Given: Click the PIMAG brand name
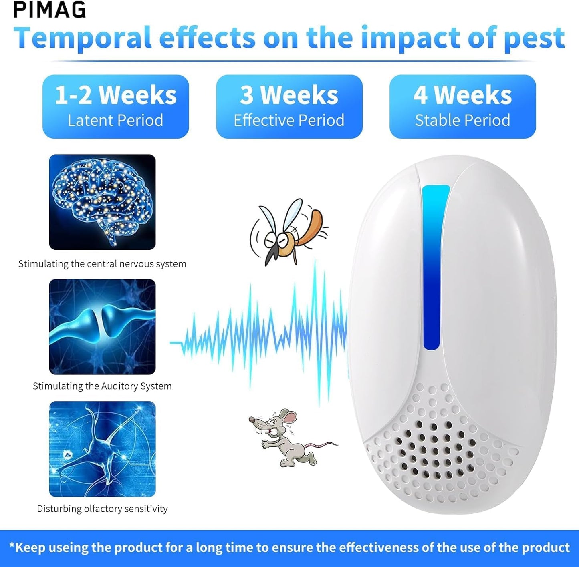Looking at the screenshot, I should pos(50,10).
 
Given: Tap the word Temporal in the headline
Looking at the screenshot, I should pos(83,38).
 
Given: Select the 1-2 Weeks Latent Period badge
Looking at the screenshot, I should pos(115,107).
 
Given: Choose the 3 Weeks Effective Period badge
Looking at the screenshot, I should pos(289,107).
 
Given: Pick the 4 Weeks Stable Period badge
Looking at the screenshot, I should pos(462,107).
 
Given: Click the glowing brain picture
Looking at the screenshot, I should pos(102,202).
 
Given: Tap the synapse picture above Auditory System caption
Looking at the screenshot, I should pos(102,327).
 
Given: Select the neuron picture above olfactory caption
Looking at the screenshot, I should pos(102,449).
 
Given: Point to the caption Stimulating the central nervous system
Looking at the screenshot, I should pos(102,264).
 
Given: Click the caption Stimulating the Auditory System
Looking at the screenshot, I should pos(102,386).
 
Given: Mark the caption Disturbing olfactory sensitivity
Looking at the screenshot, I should pos(102,509).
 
